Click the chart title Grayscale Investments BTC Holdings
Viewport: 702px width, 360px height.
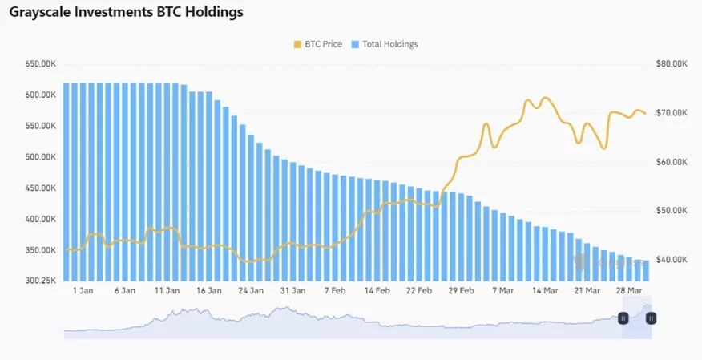tap(127, 13)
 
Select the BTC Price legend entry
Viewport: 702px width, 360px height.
tap(322, 44)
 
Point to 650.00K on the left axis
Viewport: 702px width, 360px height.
tap(40, 63)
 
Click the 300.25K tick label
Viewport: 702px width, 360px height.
tap(40, 281)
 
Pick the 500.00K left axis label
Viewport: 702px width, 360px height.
tap(40, 157)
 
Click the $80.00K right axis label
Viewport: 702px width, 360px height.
tap(671, 63)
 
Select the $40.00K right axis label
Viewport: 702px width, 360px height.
tap(671, 260)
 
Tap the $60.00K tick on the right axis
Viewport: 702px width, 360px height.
tap(671, 162)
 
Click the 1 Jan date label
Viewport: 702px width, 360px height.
tap(83, 291)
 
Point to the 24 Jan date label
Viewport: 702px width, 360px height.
tap(251, 291)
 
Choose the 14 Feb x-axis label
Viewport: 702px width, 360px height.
tap(377, 291)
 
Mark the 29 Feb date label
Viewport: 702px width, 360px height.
tap(461, 291)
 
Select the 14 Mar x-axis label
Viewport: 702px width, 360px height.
tap(545, 291)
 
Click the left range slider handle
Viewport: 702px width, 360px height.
tap(623, 318)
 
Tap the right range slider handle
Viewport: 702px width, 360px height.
tap(651, 318)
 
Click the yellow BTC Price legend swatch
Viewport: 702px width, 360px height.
tap(299, 44)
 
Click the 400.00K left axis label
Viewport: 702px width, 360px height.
tap(40, 219)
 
